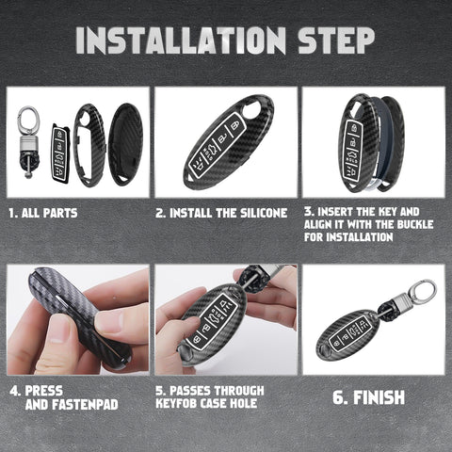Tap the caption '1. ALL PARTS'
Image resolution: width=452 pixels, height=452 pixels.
click(x=43, y=214)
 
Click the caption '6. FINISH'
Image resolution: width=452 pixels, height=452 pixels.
click(x=368, y=397)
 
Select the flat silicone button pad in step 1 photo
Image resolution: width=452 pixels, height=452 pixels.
click(x=59, y=151)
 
